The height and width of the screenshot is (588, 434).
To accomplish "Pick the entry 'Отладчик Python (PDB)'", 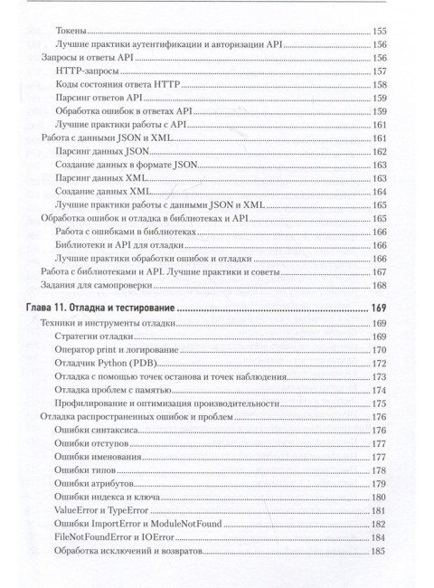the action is pyautogui.click(x=106, y=363).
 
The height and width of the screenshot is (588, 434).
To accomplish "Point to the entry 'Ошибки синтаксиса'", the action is pyautogui.click(x=94, y=431).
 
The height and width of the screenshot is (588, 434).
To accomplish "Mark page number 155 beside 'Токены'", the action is pyautogui.click(x=380, y=32).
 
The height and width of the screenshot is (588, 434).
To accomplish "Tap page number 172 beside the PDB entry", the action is pyautogui.click(x=380, y=363).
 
